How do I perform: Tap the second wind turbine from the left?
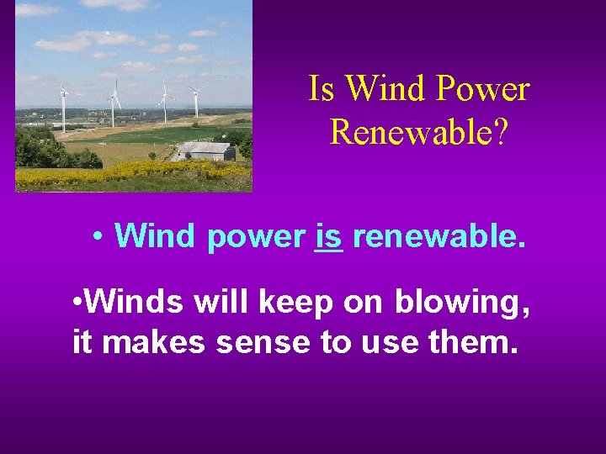(114, 103)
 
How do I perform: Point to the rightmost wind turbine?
(196, 98)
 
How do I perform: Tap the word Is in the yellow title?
(322, 89)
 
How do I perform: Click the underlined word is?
(328, 237)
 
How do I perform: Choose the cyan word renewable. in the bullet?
(439, 237)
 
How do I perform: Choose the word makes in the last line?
(154, 344)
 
